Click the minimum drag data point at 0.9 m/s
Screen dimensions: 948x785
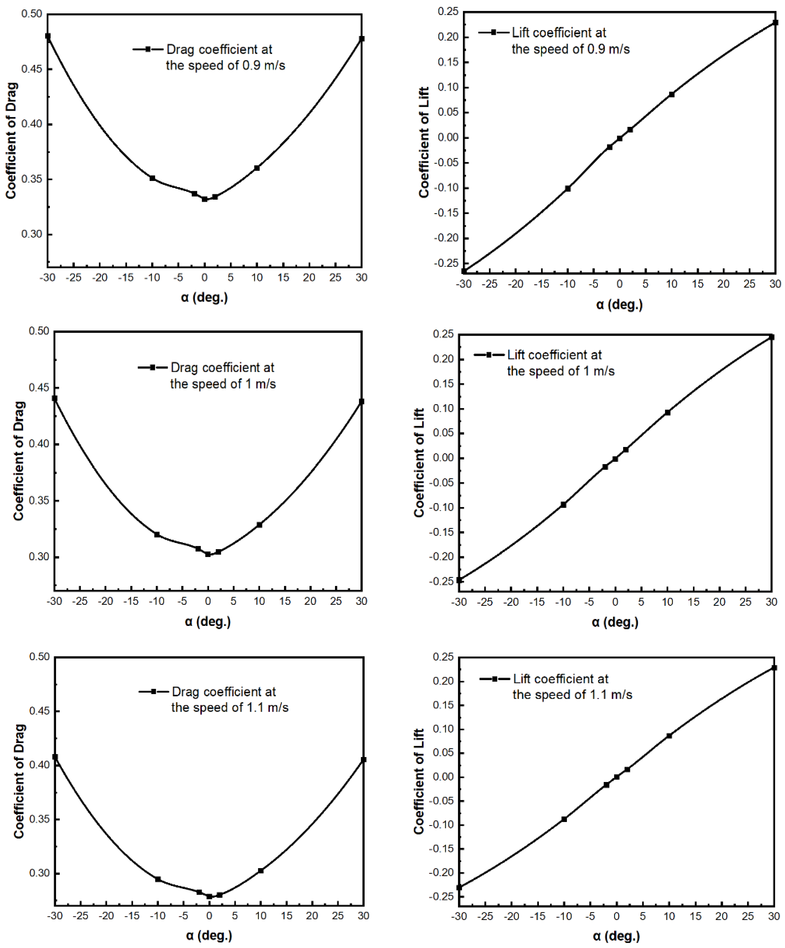click(x=205, y=199)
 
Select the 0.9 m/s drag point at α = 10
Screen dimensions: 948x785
click(x=257, y=168)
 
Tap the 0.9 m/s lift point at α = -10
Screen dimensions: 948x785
click(x=568, y=189)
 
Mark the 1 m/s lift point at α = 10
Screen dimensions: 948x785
click(x=667, y=412)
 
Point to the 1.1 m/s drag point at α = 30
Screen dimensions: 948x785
click(x=364, y=760)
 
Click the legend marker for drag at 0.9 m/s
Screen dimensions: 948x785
click(x=148, y=49)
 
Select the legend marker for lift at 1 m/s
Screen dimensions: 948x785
click(x=489, y=355)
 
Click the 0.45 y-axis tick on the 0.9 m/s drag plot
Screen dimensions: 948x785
click(x=32, y=69)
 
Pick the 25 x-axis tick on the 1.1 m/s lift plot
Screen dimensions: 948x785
click(x=748, y=916)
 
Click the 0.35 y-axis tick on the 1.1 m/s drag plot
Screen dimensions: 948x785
click(x=39, y=819)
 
